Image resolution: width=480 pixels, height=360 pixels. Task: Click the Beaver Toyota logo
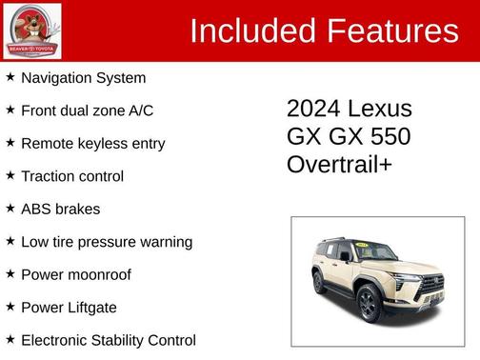pyautogui.click(x=32, y=31)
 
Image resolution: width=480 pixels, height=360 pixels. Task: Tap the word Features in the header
pyautogui.click(x=393, y=31)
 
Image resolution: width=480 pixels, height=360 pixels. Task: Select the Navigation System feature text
pyautogui.click(x=83, y=78)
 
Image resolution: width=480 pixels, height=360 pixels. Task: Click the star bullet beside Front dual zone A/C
pyautogui.click(x=10, y=110)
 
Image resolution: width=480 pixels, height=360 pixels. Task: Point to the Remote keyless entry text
pyautogui.click(x=92, y=144)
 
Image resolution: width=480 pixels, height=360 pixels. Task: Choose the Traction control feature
pyautogui.click(x=72, y=176)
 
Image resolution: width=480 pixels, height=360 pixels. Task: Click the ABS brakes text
pyautogui.click(x=60, y=209)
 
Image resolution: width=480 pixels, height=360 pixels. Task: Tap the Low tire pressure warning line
pyautogui.click(x=107, y=242)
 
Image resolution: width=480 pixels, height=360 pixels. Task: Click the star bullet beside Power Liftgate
pyautogui.click(x=10, y=307)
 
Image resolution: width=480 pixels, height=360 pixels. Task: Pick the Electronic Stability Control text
pyautogui.click(x=108, y=340)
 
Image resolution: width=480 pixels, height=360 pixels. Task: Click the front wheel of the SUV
pyautogui.click(x=368, y=304)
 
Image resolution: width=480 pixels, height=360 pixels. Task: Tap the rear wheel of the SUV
pyautogui.click(x=319, y=283)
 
